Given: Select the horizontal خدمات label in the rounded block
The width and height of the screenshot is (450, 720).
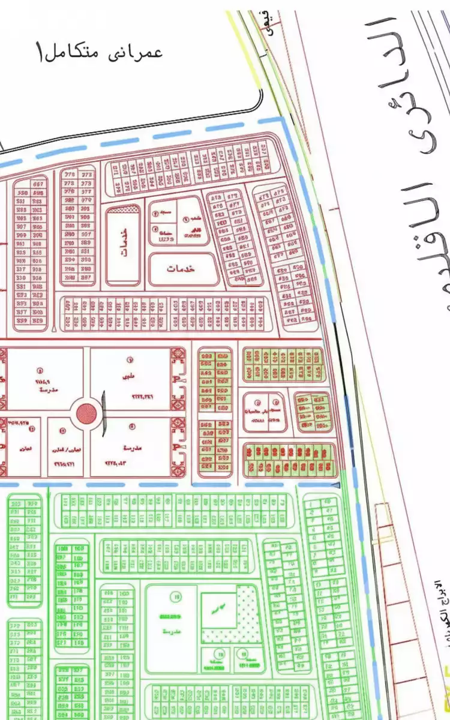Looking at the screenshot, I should pos(182,269).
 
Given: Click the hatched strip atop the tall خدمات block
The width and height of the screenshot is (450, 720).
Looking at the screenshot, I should pos(124,209).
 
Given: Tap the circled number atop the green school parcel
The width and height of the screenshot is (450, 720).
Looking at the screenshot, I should pos(176,596).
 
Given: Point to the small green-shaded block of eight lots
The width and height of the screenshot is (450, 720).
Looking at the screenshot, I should pos(313,412).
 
